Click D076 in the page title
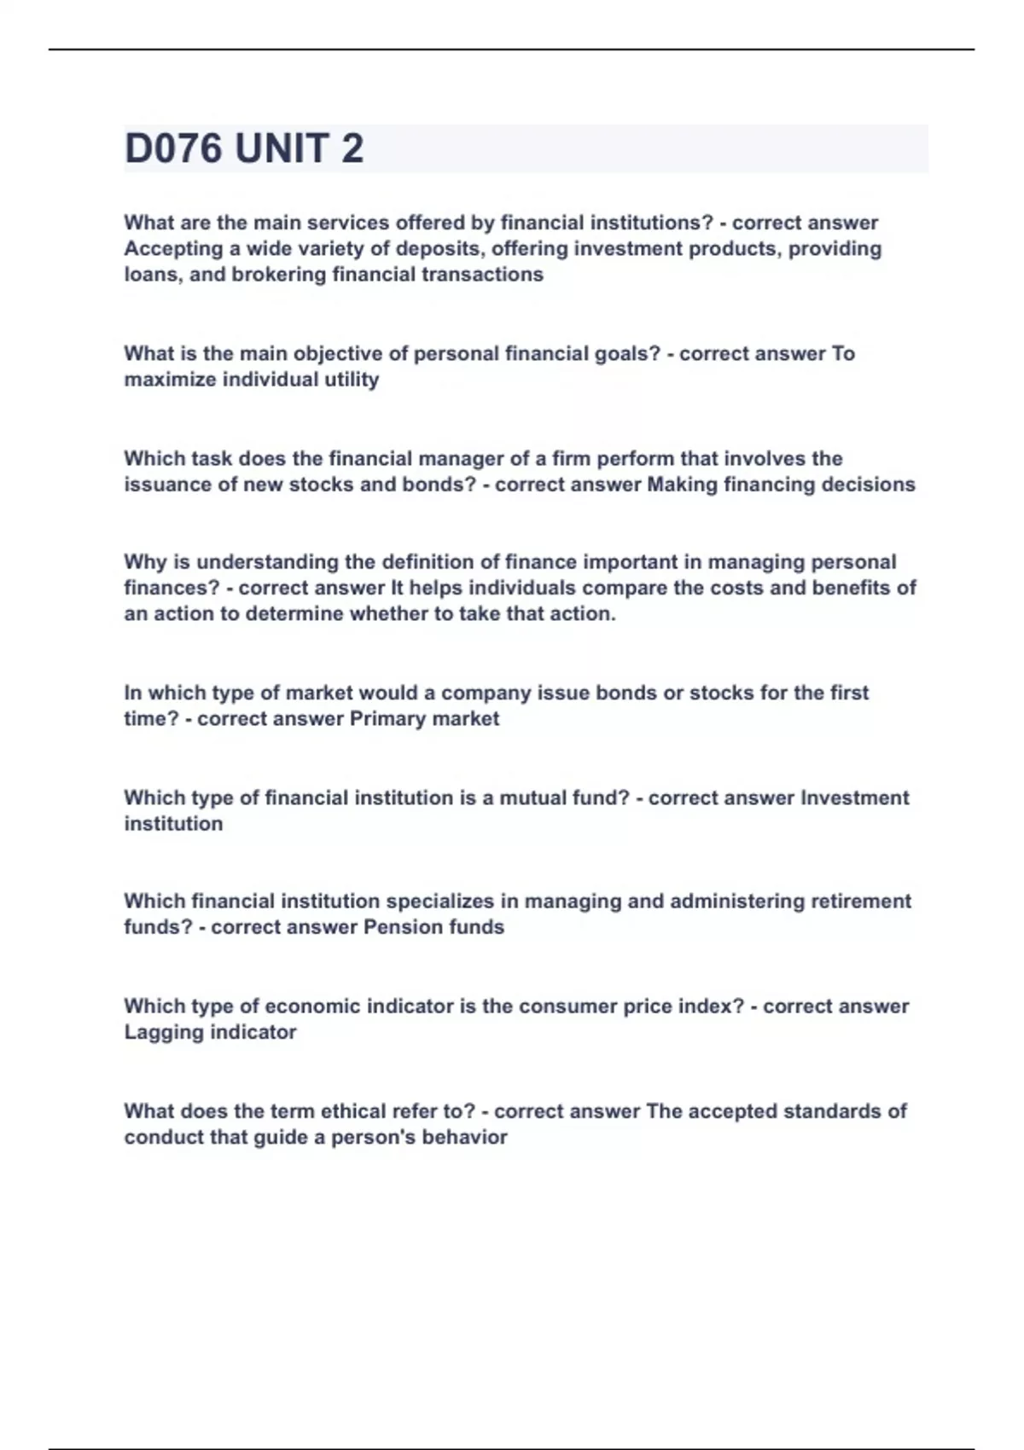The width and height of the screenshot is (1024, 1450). [x=174, y=148]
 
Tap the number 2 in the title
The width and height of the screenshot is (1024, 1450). [x=352, y=148]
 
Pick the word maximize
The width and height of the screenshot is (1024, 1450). [x=170, y=380]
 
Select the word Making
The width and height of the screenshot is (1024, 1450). [x=682, y=484]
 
